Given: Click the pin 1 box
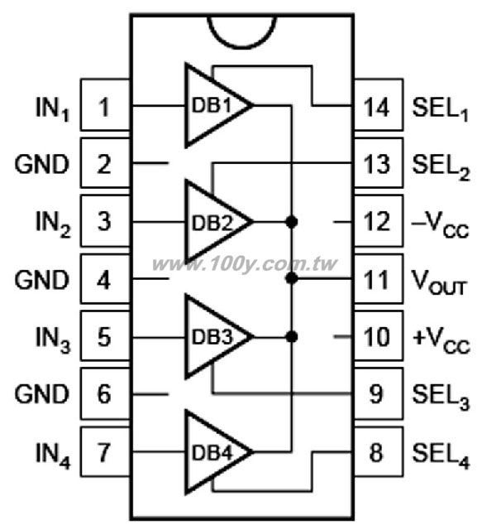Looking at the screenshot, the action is click(x=105, y=105).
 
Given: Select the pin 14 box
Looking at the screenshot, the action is click(x=379, y=105).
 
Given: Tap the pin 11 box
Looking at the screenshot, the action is click(x=379, y=279).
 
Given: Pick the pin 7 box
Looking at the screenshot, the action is click(x=105, y=451).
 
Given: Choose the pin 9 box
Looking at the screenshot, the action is click(x=379, y=394).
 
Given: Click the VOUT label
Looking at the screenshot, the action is click(x=439, y=283).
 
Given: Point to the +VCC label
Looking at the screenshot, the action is click(x=441, y=340).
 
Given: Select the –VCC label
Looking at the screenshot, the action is click(x=441, y=225).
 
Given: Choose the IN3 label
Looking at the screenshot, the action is click(x=53, y=340).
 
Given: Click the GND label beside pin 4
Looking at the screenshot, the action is click(x=41, y=280).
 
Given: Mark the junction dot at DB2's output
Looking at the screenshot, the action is click(x=292, y=222).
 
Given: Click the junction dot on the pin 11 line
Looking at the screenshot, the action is click(x=292, y=278).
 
